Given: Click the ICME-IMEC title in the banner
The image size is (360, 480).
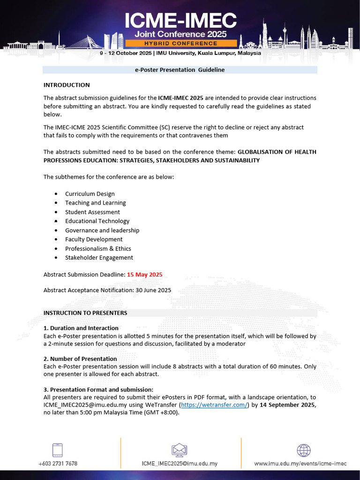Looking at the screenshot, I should [x=180, y=21].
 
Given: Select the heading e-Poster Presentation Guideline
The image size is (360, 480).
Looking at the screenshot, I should [x=180, y=70].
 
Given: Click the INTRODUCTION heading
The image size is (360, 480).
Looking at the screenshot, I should [x=67, y=85].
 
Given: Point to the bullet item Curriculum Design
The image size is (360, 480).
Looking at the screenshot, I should [x=90, y=194].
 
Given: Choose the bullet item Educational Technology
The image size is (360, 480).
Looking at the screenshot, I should [x=97, y=221].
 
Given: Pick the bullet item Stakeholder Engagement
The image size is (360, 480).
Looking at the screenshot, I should [x=99, y=257].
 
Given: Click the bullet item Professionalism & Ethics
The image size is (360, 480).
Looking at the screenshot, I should [x=98, y=248].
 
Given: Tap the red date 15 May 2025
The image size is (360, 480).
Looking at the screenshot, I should [x=144, y=275].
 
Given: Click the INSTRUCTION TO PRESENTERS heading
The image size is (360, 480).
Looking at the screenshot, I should [x=85, y=313].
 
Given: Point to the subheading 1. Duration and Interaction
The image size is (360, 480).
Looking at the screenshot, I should [x=81, y=328].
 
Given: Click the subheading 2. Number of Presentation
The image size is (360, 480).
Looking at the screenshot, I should [x=80, y=359].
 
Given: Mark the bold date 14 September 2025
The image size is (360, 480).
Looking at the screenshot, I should [x=288, y=405].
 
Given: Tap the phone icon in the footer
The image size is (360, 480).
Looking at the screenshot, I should [x=58, y=450].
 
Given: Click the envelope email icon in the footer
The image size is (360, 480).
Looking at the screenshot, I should [x=180, y=450].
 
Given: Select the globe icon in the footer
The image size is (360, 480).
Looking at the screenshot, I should [x=303, y=450].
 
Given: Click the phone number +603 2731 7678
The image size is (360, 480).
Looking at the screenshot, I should [x=58, y=464].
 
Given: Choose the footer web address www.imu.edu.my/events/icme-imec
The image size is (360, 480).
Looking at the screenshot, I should [x=300, y=464].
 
